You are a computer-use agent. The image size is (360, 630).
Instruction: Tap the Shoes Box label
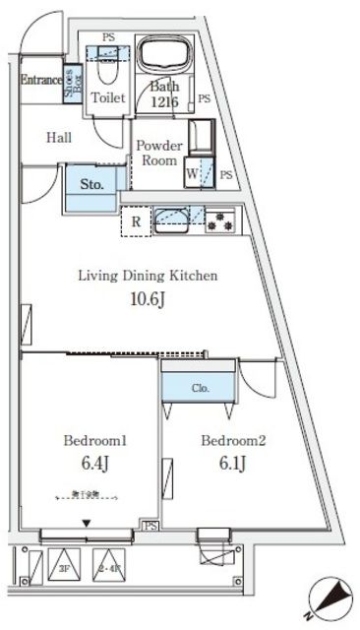pyautogui.click(x=72, y=78)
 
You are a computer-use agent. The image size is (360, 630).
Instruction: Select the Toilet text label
pyautogui.click(x=107, y=97)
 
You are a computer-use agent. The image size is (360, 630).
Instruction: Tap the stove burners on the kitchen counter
pyautogui.click(x=218, y=220)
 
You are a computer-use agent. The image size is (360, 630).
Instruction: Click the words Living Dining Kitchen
pyautogui.click(x=148, y=276)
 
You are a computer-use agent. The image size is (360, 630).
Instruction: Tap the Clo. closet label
pyautogui.click(x=200, y=388)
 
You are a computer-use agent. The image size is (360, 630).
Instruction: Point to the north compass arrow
pyautogui.click(x=330, y=596)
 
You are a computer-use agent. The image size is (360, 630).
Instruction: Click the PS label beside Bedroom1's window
pyautogui.click(x=150, y=528)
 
